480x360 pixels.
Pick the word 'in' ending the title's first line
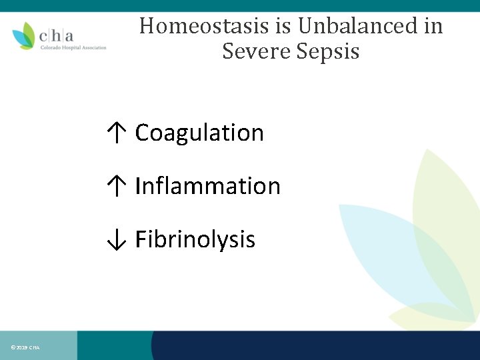click(x=433, y=26)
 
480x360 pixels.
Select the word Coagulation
click(x=199, y=133)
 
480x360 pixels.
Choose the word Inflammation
click(x=207, y=186)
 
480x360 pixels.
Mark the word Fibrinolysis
click(x=195, y=239)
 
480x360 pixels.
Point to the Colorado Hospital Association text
click(x=73, y=47)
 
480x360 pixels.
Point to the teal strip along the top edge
click(x=240, y=5)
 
